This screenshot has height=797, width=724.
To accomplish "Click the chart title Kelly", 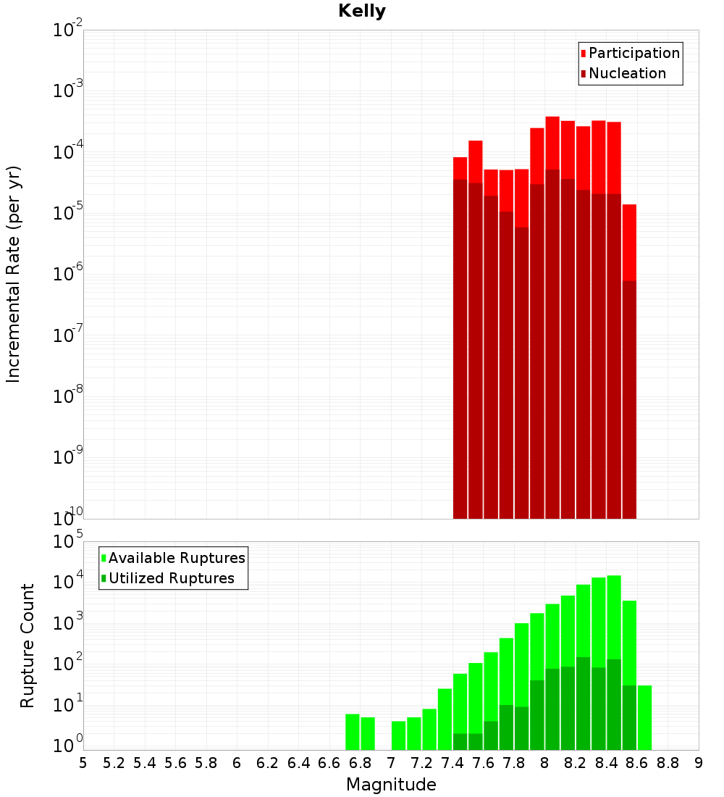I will click(362, 12).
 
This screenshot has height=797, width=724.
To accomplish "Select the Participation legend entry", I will click(633, 53).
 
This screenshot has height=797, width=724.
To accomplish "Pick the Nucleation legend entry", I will click(626, 73).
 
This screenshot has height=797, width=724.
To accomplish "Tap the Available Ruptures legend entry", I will click(176, 558).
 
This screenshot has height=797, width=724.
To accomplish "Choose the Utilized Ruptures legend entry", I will click(171, 578).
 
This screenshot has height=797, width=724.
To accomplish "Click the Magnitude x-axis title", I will click(391, 785).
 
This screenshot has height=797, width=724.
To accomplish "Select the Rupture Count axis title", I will click(28, 645).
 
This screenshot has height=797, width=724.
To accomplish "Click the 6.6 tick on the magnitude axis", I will click(329, 763).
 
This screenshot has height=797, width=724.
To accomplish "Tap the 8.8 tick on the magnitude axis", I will click(668, 763).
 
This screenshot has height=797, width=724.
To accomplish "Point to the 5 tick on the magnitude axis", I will click(83, 763).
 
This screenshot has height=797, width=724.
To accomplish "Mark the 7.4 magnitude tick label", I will click(452, 763).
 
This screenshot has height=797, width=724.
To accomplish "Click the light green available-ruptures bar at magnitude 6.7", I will click(353, 732).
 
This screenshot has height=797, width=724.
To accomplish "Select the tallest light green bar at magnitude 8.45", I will click(614, 616).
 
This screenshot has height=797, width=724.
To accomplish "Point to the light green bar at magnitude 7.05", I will click(399, 735).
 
